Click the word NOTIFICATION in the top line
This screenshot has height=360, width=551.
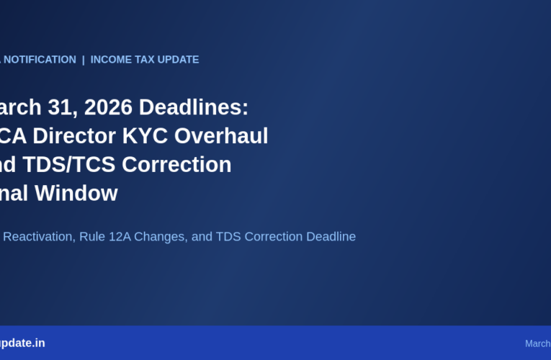click(40, 60)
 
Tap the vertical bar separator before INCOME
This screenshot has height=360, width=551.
click(84, 60)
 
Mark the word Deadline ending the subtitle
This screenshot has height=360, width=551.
click(331, 236)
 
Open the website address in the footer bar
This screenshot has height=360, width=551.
click(22, 343)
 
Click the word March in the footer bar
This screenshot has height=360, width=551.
click(538, 343)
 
